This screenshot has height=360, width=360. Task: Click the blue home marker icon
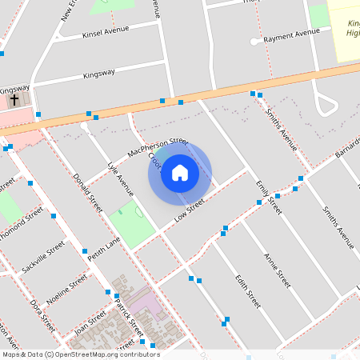pyautogui.click(x=180, y=172)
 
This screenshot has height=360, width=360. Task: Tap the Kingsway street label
pyautogui.click(x=105, y=75)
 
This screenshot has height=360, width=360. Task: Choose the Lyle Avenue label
pyautogui.click(x=121, y=179)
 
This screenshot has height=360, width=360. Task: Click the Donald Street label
pyautogui.click(x=88, y=192)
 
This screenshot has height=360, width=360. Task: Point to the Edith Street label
pyautogui.click(x=248, y=291)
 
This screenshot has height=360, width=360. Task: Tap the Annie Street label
pyautogui.click(x=277, y=270)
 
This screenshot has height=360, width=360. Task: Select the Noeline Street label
pyautogui.click(x=67, y=288)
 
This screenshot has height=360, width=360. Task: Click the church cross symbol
pyautogui.click(x=14, y=100)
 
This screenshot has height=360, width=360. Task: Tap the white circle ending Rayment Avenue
pyautogui.click(x=254, y=41)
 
